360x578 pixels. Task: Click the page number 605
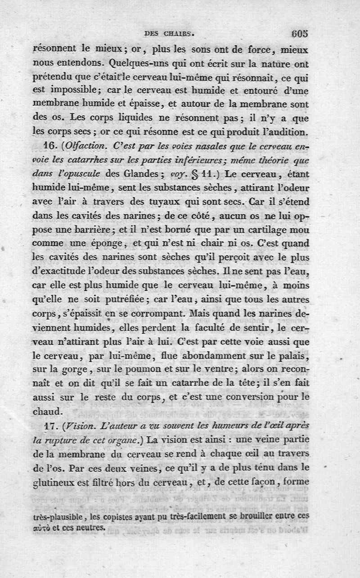pos(299,33)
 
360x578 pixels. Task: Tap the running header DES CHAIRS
pos(169,33)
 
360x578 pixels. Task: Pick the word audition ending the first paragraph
pos(285,134)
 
